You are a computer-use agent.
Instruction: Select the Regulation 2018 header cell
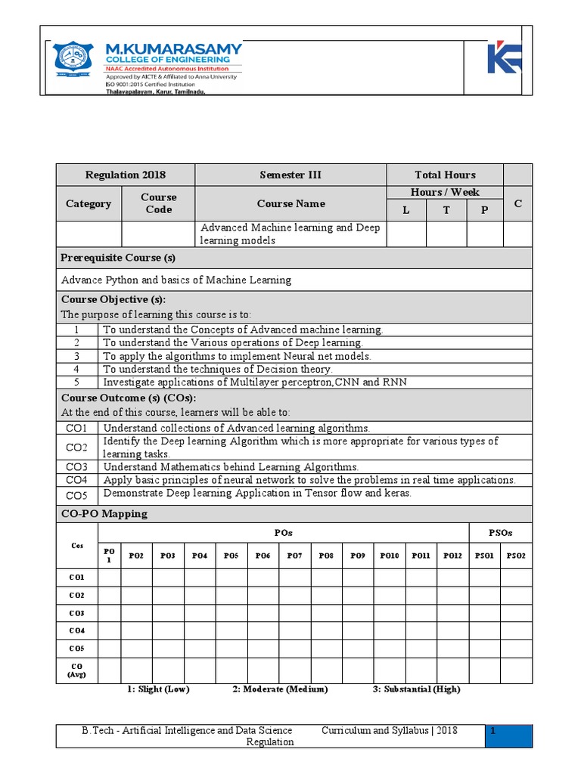(x=126, y=175)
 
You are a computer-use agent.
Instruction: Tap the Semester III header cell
(x=290, y=175)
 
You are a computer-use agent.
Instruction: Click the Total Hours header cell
(x=444, y=175)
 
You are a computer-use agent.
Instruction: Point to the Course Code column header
(x=158, y=203)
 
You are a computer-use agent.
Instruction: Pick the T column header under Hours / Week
(x=446, y=210)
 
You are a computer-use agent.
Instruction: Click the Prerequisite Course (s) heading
(x=118, y=258)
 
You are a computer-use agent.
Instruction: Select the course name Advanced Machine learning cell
(x=290, y=234)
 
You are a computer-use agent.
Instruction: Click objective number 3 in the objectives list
(x=76, y=355)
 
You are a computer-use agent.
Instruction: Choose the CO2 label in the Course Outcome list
(x=76, y=447)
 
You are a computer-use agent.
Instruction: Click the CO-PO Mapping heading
(x=104, y=514)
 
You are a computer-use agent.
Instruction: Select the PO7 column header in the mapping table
(x=294, y=556)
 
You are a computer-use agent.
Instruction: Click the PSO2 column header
(x=516, y=556)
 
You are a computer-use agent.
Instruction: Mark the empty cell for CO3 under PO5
(x=231, y=613)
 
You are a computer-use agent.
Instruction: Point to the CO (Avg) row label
(x=76, y=670)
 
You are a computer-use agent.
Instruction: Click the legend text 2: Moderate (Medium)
(x=280, y=689)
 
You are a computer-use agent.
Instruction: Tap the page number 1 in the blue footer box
(x=493, y=731)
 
